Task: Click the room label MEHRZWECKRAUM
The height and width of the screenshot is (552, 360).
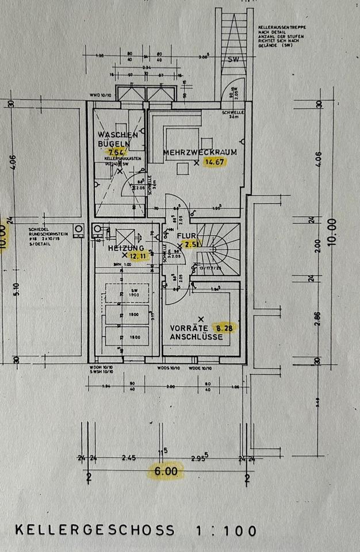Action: (192, 152)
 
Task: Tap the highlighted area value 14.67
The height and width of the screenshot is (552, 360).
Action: (217, 162)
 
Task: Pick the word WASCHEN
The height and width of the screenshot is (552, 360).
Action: (117, 135)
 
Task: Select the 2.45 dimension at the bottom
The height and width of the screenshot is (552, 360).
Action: (128, 458)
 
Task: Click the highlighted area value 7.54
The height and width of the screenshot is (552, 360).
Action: (115, 152)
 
